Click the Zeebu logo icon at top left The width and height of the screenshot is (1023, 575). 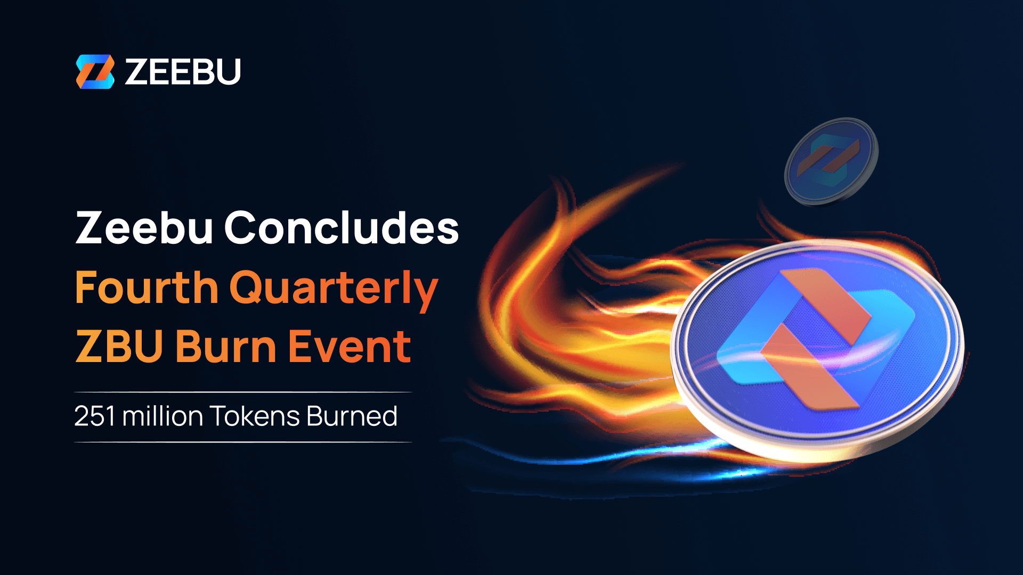point(95,71)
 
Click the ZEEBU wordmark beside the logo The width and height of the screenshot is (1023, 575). point(182,71)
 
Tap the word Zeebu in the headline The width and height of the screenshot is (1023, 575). point(144,228)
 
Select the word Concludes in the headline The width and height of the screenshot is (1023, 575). point(342,228)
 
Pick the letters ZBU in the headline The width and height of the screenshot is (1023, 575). point(119,347)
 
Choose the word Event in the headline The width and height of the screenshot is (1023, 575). point(350,347)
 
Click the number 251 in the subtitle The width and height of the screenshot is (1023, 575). point(95,416)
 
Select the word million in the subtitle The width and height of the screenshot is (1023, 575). point(163,416)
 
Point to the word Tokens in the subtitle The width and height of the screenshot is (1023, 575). point(254,416)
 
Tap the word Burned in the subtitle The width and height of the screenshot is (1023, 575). point(352,416)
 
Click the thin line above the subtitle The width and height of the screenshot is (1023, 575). point(243,392)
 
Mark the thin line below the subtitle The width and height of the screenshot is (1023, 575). point(243,442)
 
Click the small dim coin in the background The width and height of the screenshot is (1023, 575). point(831,161)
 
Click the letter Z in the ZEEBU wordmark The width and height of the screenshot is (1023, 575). point(136,71)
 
